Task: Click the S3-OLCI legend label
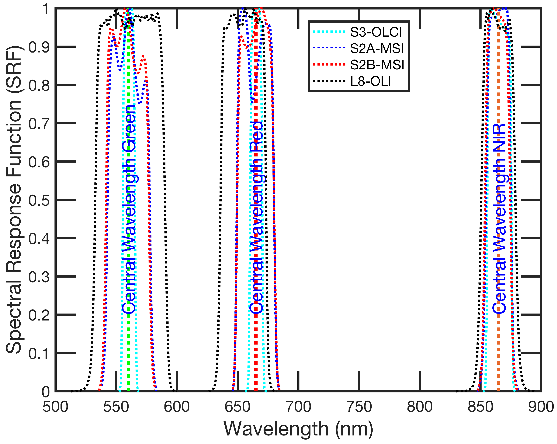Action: [376, 32]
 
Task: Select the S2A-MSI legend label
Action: [377, 48]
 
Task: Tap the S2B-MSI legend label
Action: [377, 65]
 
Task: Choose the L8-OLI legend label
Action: [370, 81]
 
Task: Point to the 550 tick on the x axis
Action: [116, 407]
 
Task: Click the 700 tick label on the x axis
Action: [298, 407]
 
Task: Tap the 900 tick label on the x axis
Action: [541, 407]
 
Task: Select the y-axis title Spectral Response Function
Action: [14, 200]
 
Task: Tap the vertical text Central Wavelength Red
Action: [256, 217]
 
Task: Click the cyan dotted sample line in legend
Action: [329, 32]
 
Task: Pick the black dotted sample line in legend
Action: [329, 81]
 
